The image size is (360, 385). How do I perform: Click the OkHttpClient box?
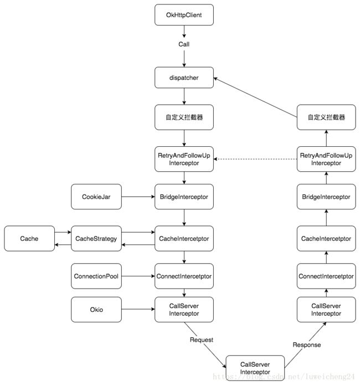pos(184,15)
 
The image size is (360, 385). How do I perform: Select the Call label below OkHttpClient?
pos(184,44)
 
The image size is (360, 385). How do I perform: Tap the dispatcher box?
pos(184,78)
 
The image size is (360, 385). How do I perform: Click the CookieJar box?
pos(96,197)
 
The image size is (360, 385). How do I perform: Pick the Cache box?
pos(29,238)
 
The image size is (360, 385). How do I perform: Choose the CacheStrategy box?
pos(96,238)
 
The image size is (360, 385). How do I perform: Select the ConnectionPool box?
pos(96,276)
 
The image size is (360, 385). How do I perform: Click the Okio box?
pos(96,309)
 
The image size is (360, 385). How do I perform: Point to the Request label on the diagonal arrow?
pos(202,340)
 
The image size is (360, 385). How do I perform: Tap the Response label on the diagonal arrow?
pos(307,345)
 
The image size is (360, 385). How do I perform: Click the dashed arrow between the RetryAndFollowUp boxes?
pos(255,159)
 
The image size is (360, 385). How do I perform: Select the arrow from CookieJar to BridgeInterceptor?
pos(138,197)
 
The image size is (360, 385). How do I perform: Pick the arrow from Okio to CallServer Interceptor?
pos(138,309)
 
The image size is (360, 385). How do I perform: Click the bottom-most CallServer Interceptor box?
pos(255,368)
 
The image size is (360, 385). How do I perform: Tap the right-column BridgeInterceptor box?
pos(326,197)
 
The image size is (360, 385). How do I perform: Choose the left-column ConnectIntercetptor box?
pos(184,276)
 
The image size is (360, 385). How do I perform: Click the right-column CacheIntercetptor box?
pos(326,238)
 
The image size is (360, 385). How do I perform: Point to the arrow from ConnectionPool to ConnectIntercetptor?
pos(138,276)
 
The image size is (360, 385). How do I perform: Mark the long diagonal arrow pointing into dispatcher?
pos(255,97)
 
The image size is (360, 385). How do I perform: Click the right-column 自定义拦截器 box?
pos(326,117)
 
